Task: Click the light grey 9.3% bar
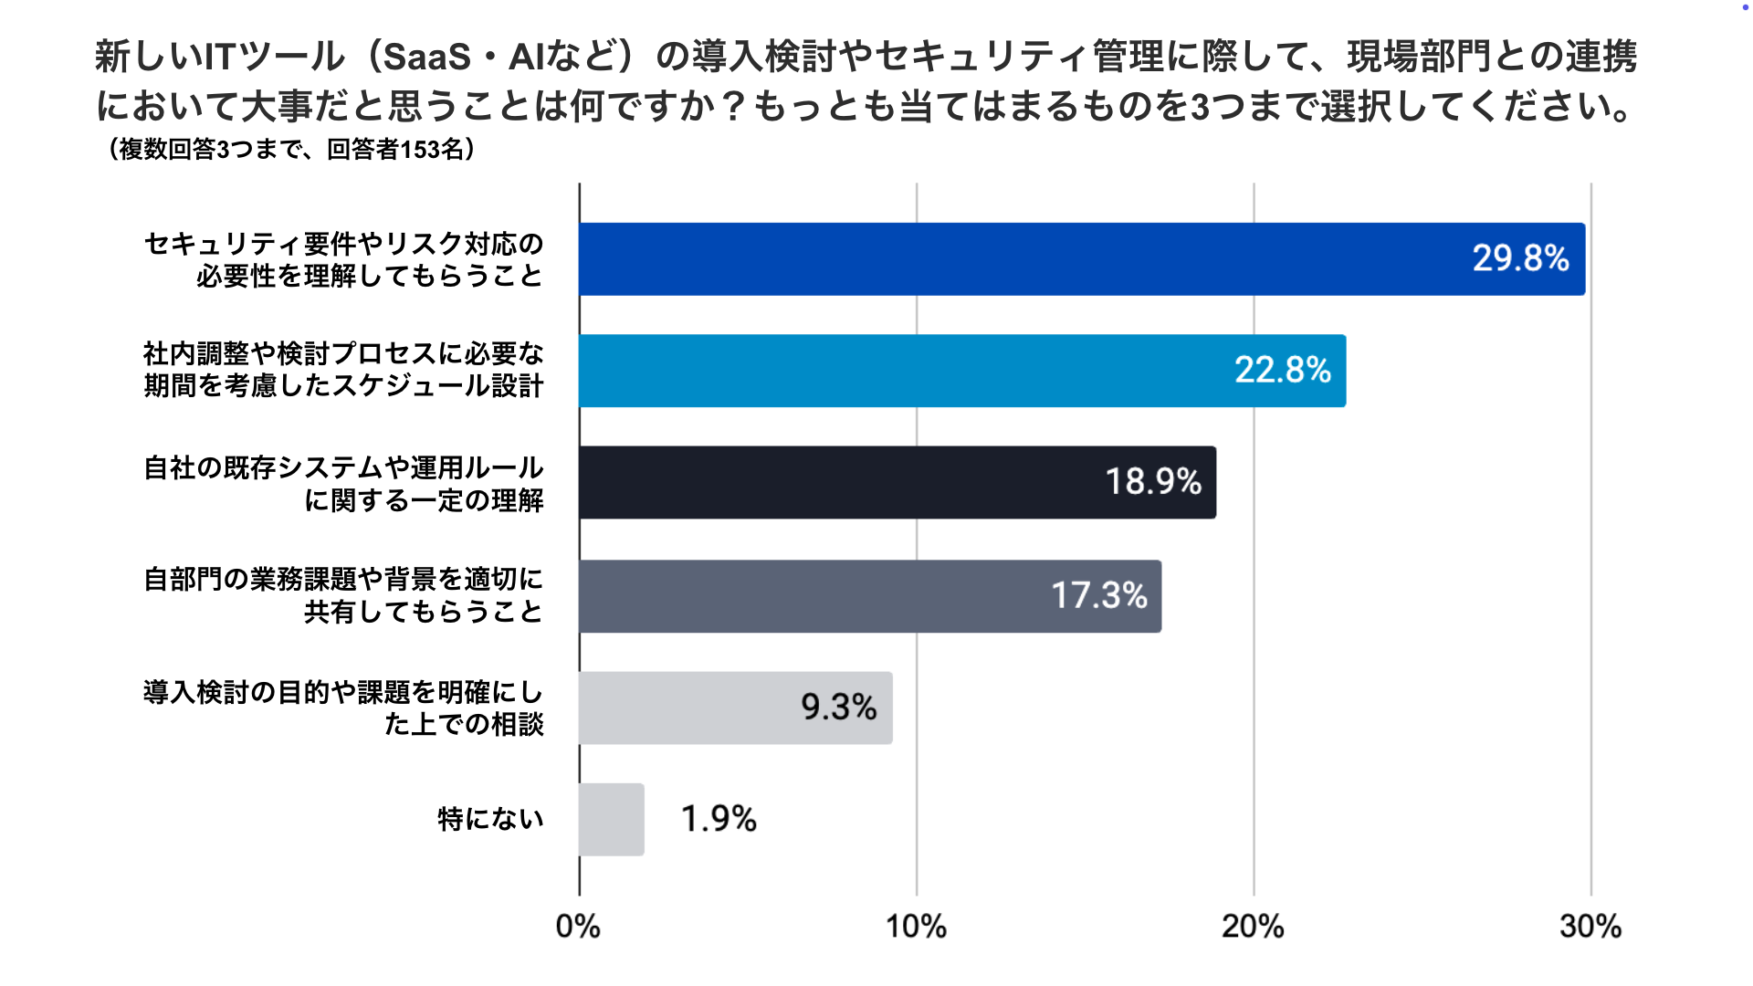click(x=685, y=708)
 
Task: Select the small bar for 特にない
click(x=611, y=820)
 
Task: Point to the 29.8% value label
click(x=1520, y=258)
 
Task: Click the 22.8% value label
click(x=1282, y=370)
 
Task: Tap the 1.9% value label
click(x=719, y=819)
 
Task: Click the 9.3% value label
click(x=838, y=707)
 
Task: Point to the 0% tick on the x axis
click(x=578, y=927)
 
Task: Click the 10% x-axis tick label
click(x=916, y=927)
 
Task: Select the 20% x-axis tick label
click(x=1253, y=927)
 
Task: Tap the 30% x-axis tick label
click(x=1590, y=927)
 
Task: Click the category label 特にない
click(x=490, y=819)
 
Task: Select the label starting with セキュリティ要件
click(x=344, y=259)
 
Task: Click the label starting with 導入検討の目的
click(x=344, y=708)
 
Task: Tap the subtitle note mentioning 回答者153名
click(x=292, y=149)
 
